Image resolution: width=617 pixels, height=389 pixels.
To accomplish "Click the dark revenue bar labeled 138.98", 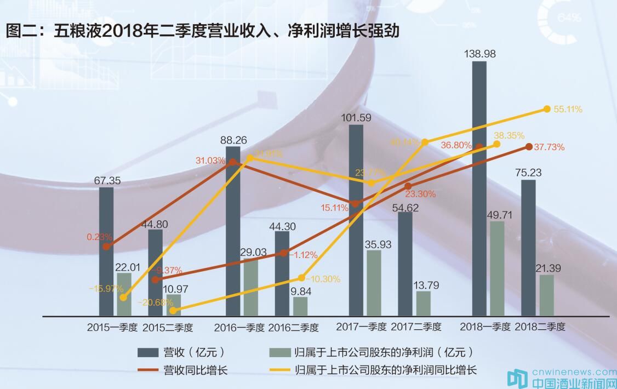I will [479, 188].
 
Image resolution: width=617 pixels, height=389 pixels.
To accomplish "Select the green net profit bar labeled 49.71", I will [496, 268].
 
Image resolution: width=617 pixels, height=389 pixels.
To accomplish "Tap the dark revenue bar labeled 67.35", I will [106, 251].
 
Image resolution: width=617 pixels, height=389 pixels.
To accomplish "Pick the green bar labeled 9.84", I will [300, 306].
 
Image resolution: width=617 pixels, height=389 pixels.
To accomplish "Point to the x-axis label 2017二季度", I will [416, 327].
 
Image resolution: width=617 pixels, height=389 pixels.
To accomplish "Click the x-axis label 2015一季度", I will [112, 327].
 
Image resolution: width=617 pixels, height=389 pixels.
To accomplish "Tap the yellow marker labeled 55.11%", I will [546, 109].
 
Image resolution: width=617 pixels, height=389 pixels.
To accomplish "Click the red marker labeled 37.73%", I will [529, 146].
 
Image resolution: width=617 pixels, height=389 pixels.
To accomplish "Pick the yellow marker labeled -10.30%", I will [301, 278].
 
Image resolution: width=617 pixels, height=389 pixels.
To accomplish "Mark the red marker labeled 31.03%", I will [232, 162].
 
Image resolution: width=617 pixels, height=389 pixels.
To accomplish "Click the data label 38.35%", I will [509, 135].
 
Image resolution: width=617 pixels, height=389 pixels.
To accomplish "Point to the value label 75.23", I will [529, 173].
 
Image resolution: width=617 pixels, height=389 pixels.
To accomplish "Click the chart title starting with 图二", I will [203, 31].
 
